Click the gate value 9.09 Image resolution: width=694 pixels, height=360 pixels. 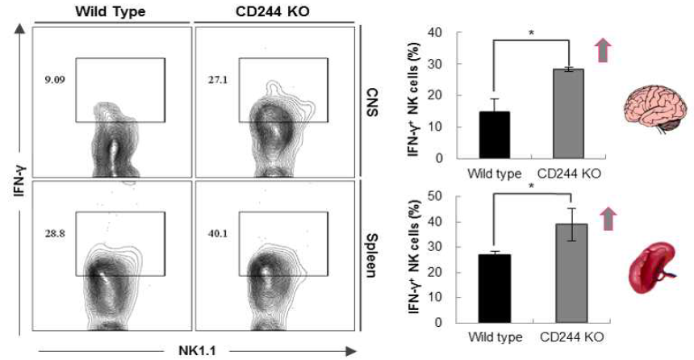54,80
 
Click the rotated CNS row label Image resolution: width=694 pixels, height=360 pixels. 373,103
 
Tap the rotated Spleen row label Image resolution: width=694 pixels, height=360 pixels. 373,262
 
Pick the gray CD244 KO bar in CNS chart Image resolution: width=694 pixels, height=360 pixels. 568,114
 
